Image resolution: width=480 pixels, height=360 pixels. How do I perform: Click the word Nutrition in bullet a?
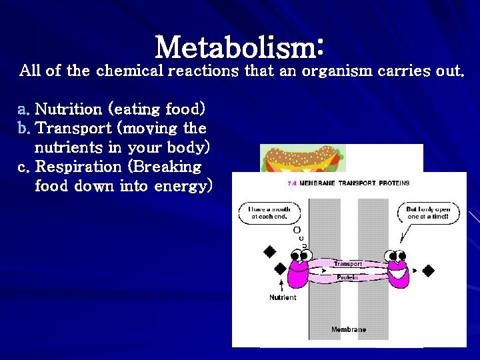coord(68,109)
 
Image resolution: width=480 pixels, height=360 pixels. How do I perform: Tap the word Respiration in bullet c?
coord(78,167)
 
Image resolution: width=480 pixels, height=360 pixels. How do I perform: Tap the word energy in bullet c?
coord(179,186)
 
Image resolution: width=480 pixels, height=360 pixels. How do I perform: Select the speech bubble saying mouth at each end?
coord(269,213)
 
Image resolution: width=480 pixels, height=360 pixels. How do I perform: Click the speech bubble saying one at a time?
coord(428,213)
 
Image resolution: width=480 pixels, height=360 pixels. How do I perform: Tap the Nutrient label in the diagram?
coord(283,297)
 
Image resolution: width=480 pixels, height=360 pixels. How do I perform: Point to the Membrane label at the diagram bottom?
coord(349,329)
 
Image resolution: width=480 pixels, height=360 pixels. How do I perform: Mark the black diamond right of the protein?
coord(428,270)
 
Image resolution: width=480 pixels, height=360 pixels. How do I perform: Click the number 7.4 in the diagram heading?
coord(291,183)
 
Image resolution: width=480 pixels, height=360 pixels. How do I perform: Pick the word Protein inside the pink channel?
coord(347,277)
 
